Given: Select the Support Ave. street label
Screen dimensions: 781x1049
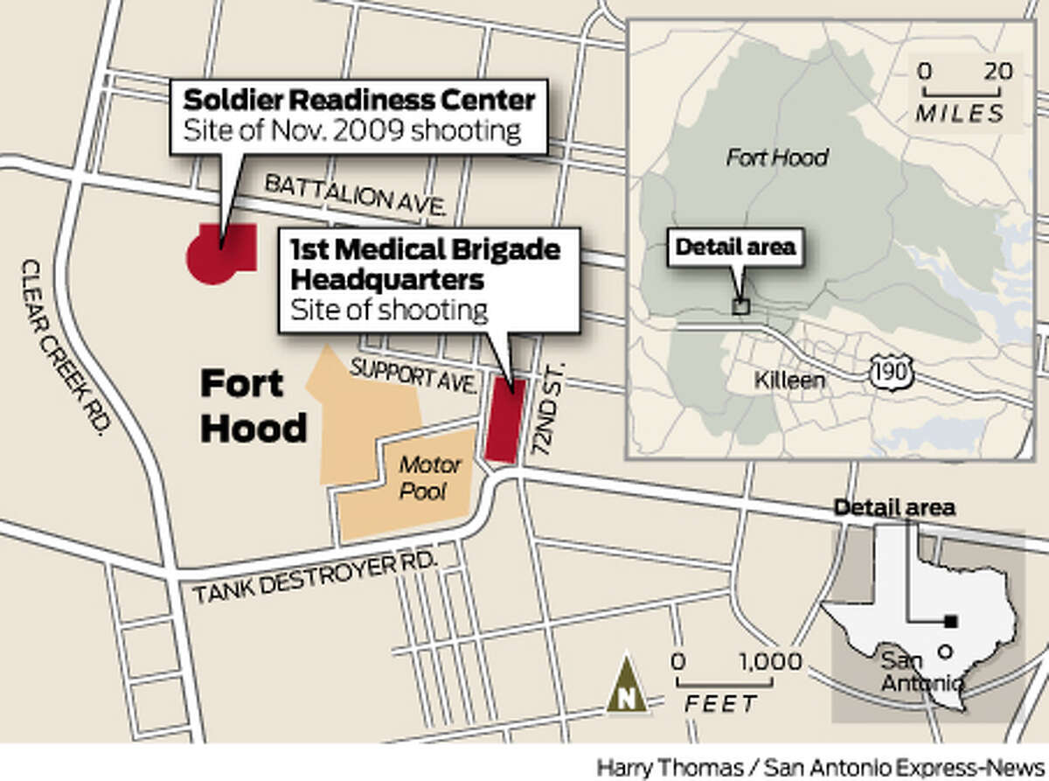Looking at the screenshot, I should tap(414, 376).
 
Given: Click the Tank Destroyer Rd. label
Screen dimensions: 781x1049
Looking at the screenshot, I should tap(315, 577).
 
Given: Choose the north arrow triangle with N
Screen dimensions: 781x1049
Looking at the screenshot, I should tap(627, 685).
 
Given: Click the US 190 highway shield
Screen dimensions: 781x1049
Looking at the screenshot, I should tap(892, 373).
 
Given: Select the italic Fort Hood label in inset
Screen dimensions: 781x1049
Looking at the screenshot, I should tap(777, 157).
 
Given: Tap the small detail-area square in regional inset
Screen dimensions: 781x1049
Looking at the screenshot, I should tap(740, 306).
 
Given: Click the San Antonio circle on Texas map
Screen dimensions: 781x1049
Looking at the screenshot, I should tap(944, 652).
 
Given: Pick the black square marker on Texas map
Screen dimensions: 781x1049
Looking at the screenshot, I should tap(951, 622).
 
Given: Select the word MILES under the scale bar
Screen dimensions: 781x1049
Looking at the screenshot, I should tap(960, 114).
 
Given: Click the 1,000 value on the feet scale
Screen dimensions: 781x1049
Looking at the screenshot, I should tap(769, 661).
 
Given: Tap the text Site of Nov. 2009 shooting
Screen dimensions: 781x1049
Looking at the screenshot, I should tap(351, 131).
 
